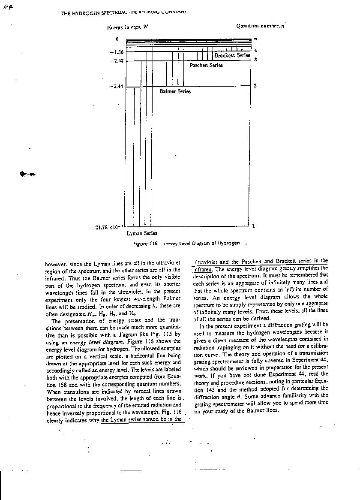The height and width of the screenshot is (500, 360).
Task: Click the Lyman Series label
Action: point(141,233)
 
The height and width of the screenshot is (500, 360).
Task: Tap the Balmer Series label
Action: point(175,91)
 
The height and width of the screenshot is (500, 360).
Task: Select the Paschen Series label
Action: point(206,65)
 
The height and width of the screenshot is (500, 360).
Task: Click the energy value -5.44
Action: point(117,86)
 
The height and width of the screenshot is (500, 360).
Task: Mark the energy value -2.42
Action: point(117,61)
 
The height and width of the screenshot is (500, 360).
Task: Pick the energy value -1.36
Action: point(117,52)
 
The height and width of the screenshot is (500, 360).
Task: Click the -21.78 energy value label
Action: point(107,227)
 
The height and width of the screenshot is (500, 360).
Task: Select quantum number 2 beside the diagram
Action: point(255,86)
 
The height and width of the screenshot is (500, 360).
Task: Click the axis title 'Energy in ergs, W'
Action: point(127,27)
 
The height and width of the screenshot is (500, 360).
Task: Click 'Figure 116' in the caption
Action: point(146,244)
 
